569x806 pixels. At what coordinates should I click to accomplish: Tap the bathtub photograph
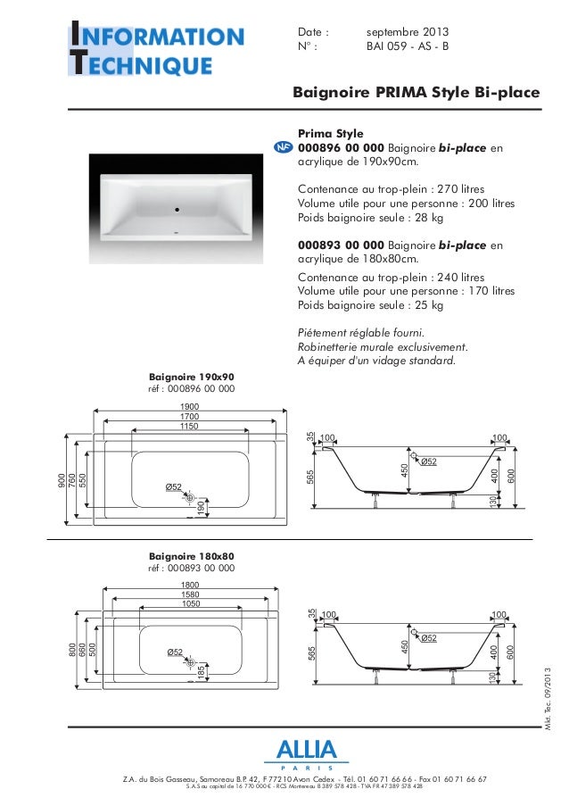pyautogui.click(x=178, y=210)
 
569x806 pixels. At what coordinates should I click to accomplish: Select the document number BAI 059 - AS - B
pyautogui.click(x=408, y=47)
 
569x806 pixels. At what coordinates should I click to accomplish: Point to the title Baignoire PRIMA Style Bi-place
pyautogui.click(x=422, y=93)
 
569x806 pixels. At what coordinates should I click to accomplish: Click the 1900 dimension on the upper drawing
pyautogui.click(x=189, y=405)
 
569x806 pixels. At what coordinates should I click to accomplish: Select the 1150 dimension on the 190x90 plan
pyautogui.click(x=189, y=428)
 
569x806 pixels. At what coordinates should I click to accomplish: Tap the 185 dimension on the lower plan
pyautogui.click(x=203, y=669)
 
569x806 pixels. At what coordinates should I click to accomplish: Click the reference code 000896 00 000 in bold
pyautogui.click(x=342, y=147)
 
